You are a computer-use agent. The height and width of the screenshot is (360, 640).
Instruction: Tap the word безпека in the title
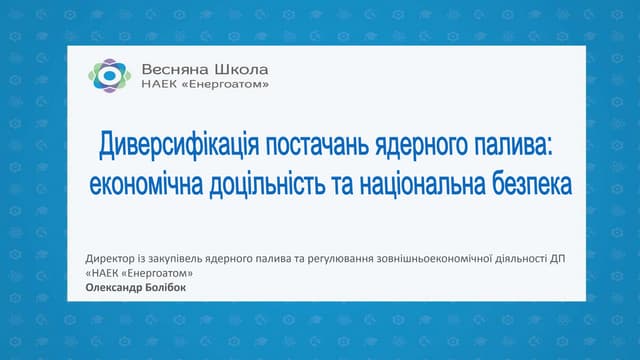(533, 185)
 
